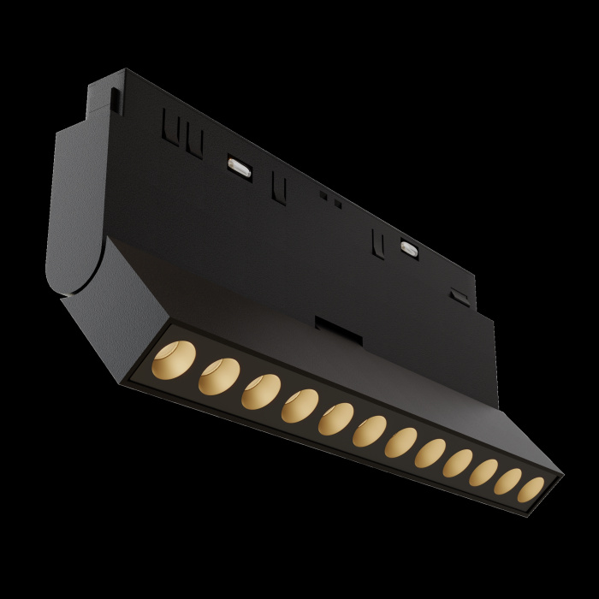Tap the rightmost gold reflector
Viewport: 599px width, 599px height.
click(x=531, y=489)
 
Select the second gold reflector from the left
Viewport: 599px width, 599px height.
click(x=218, y=375)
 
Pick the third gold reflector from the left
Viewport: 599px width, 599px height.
click(x=260, y=391)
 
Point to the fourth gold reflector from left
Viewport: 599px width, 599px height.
click(x=299, y=406)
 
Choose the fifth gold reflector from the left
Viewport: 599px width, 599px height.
click(x=335, y=419)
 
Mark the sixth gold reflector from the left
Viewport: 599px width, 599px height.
click(x=369, y=431)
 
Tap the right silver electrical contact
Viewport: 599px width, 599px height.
click(x=409, y=249)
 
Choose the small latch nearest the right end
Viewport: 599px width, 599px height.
click(x=460, y=296)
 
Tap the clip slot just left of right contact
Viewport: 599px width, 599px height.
click(x=377, y=242)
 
